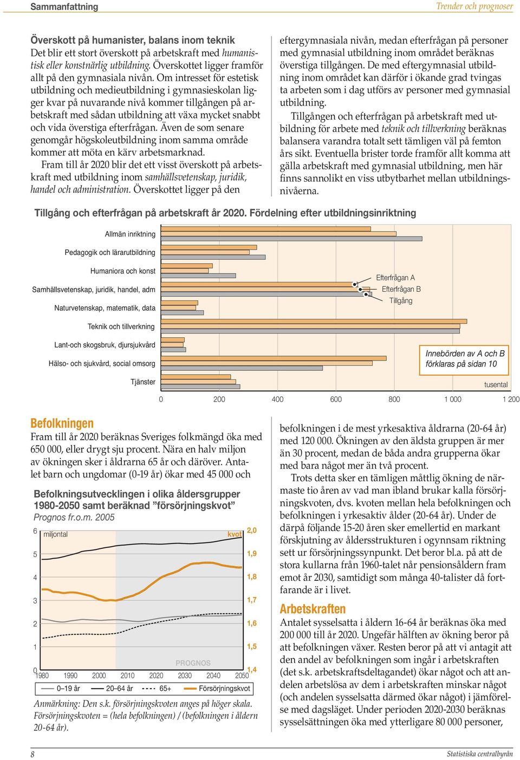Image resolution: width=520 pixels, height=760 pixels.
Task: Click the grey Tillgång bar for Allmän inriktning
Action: pyautogui.click(x=291, y=239)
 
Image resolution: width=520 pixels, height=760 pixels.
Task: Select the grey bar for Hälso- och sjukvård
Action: pyautogui.click(x=242, y=368)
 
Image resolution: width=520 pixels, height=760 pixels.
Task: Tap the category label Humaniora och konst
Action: pyautogui.click(x=122, y=271)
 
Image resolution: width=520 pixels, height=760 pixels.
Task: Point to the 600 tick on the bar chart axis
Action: pyautogui.click(x=336, y=399)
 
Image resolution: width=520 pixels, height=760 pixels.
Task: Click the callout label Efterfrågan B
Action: pyautogui.click(x=401, y=290)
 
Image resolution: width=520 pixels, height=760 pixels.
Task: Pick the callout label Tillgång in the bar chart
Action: pyautogui.click(x=400, y=301)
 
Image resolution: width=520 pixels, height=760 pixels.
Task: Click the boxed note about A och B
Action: pyautogui.click(x=464, y=359)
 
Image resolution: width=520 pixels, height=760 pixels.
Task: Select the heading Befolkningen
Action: pyautogui.click(x=62, y=423)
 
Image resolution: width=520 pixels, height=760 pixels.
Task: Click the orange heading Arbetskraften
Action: pyautogui.click(x=313, y=609)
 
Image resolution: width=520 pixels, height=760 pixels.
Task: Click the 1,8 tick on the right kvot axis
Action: pyautogui.click(x=251, y=576)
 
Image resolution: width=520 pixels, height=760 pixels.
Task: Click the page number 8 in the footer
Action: pyautogui.click(x=32, y=754)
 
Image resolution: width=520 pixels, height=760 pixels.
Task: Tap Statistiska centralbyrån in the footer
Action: pyautogui.click(x=479, y=754)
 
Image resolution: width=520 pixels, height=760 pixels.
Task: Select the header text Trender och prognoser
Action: pyautogui.click(x=474, y=6)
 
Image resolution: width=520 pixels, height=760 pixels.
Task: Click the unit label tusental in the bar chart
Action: pyautogui.click(x=496, y=385)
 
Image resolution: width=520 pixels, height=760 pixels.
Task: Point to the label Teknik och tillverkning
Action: pyautogui.click(x=121, y=327)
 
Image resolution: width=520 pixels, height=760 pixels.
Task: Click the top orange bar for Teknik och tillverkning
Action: pyautogui.click(x=314, y=322)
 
